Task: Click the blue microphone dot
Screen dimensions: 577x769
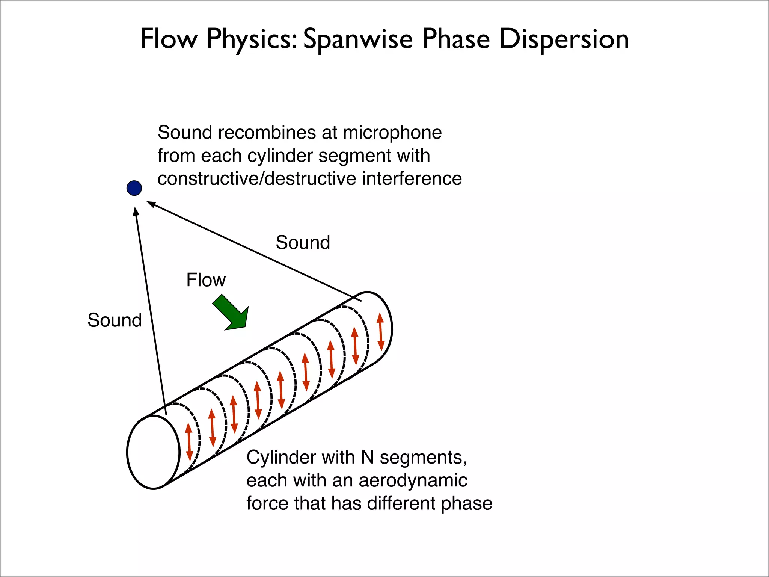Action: click(134, 188)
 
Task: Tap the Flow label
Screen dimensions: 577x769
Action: click(206, 280)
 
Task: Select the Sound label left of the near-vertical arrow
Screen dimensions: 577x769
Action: click(115, 320)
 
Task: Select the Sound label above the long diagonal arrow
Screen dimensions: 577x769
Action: click(303, 243)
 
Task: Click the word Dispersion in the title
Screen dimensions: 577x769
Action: click(564, 39)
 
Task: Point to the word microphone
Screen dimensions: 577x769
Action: click(392, 133)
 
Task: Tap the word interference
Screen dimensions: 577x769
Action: click(412, 179)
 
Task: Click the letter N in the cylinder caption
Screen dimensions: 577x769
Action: click(367, 458)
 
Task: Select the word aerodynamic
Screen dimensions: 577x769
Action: click(413, 480)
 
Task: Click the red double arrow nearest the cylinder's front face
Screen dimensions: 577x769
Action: click(189, 442)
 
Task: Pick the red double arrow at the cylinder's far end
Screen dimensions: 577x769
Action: click(380, 332)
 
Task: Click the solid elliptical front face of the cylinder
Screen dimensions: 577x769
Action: click(153, 452)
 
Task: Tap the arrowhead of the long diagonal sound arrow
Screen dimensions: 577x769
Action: click(151, 204)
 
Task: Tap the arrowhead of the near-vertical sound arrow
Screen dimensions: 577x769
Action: click(136, 211)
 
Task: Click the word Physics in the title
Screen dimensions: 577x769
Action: click(252, 39)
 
